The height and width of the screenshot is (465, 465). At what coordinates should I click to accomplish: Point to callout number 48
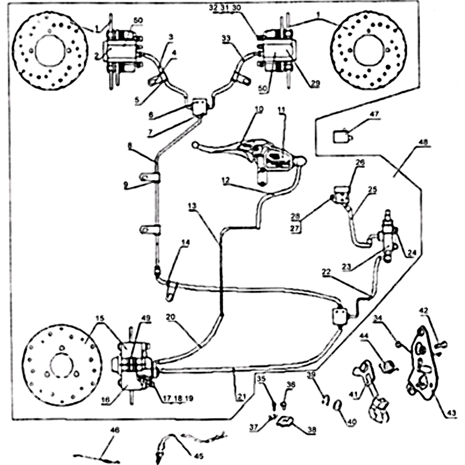(423, 142)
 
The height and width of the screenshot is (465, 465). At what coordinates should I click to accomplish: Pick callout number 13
(192, 206)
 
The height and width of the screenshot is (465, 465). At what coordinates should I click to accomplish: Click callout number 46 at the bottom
(115, 430)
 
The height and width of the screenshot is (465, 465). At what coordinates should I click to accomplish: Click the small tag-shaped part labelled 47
(341, 137)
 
